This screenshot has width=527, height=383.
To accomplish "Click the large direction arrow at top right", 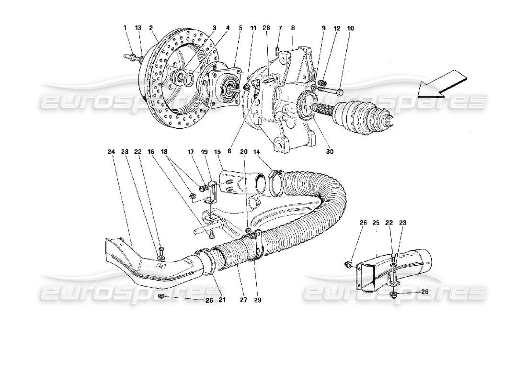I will click(443, 83).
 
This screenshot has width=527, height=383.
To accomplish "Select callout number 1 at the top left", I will click(125, 28).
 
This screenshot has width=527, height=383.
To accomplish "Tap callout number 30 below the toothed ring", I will click(330, 152).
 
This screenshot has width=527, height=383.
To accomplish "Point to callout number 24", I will click(111, 152).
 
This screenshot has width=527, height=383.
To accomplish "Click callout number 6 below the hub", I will click(229, 152).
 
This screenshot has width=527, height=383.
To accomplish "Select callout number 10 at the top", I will click(351, 28).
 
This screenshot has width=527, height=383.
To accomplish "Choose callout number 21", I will click(221, 301).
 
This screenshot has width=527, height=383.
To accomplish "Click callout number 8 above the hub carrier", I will click(292, 28).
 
